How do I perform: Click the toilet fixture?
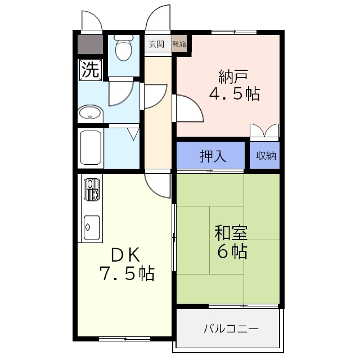click(x=123, y=49)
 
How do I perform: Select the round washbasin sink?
click(x=89, y=114)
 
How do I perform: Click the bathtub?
click(x=91, y=148)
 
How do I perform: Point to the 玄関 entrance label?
click(x=156, y=44)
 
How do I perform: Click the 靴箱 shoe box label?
click(x=179, y=44)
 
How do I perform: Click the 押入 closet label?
click(x=213, y=156)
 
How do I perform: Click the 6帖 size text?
click(x=232, y=251)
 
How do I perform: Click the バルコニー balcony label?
click(x=231, y=328)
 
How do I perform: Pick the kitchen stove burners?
click(x=92, y=190)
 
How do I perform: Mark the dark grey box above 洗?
click(x=90, y=44)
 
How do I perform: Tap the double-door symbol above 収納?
click(x=264, y=130)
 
